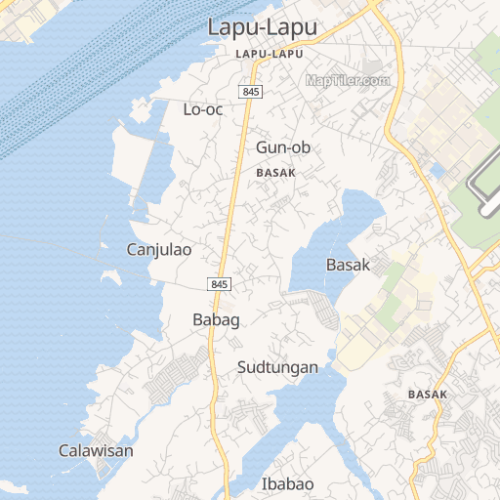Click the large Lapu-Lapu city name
pos(263,27)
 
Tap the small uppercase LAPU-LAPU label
pos(270,54)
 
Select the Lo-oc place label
pos(203,109)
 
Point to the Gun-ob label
pos(283,147)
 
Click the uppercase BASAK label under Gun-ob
pos(275,172)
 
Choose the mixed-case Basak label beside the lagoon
pos(348,265)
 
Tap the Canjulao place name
pos(159,250)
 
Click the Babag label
pos(216,319)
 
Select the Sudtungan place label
pos(278,367)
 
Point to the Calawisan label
pos(96,451)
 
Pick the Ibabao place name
pos(288,483)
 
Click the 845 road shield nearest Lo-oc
pos(250,91)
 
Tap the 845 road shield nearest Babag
pos(219,283)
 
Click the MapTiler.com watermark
pos(348,80)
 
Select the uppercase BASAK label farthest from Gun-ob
pos(428,395)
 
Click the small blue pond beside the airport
pos(437,171)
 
